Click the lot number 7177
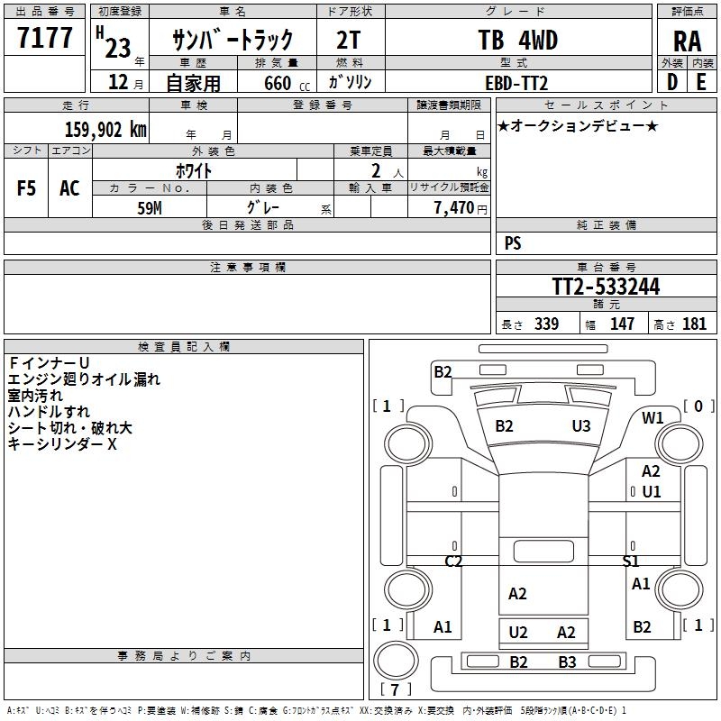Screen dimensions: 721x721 tap(44, 38)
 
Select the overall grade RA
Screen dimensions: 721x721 tap(687, 41)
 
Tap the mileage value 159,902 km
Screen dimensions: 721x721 tap(105, 130)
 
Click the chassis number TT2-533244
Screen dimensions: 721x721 tap(606, 287)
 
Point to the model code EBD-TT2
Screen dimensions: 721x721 tap(516, 83)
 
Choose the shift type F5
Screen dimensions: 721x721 tap(26, 188)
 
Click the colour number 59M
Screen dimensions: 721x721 tap(150, 208)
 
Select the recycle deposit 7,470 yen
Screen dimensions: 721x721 tap(461, 208)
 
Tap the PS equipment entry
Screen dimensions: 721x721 tap(513, 243)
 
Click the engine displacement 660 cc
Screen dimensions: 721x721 tap(287, 83)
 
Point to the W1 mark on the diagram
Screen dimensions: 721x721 tap(653, 418)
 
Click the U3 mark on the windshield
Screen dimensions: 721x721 tap(581, 426)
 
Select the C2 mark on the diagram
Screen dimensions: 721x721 tap(453, 561)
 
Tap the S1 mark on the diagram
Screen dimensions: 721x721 tap(630, 561)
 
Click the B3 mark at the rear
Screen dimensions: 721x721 tap(567, 662)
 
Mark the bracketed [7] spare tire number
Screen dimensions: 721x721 tap(396, 689)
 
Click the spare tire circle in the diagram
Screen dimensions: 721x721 tap(396, 660)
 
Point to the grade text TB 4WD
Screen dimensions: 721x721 tap(517, 40)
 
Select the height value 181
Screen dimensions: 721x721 tap(694, 324)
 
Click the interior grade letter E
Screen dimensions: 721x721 tap(701, 82)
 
